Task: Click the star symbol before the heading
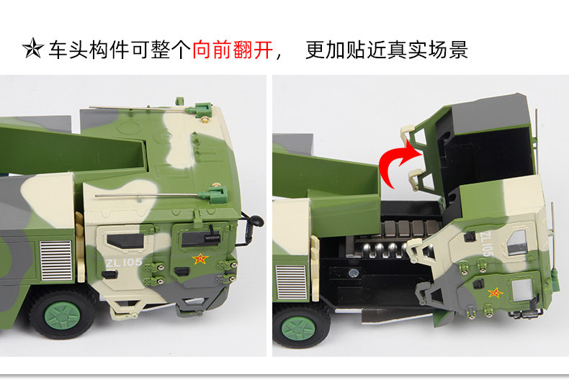(x=33, y=48)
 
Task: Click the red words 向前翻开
(x=232, y=50)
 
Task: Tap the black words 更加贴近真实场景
(x=387, y=50)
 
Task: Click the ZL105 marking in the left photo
(x=124, y=262)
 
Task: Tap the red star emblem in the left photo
(x=200, y=259)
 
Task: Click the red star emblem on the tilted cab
(x=495, y=293)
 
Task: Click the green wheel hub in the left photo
(x=62, y=315)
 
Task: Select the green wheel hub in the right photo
(x=298, y=328)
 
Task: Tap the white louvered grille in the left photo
(x=56, y=260)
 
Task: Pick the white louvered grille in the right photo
(x=292, y=283)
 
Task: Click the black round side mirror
(x=256, y=220)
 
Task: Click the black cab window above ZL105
(x=125, y=241)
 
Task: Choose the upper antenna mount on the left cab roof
(x=199, y=110)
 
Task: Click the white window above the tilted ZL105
(x=516, y=242)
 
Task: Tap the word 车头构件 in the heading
(x=89, y=50)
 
